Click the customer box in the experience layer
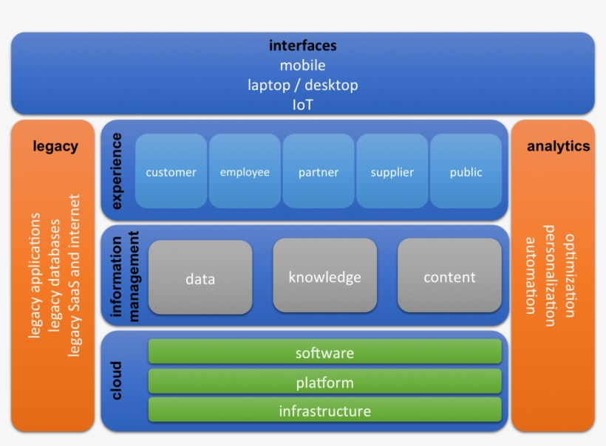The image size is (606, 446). pos(171,171)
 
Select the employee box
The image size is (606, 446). pos(245,171)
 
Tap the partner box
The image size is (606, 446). pos(319,171)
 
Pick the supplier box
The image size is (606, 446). pos(392,171)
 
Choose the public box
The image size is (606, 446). pos(466,171)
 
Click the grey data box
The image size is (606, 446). pos(200,278)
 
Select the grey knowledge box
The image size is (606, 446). pos(324,276)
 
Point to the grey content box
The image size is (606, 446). pos(449,276)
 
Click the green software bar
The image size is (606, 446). pos(324,352)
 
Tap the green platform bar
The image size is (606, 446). pos(324,382)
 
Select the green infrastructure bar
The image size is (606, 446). pos(324,410)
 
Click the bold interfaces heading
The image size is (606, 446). pos(302,46)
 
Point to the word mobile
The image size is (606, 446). pos(302,66)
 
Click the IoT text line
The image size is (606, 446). pos(302,105)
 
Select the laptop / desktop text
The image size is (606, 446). pos(302,85)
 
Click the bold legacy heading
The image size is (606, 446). pos(55,146)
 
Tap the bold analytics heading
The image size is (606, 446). pos(558,146)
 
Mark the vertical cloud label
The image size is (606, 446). pos(117,380)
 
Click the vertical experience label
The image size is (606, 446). pos(118,171)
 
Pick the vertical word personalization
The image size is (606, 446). pos(549,275)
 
